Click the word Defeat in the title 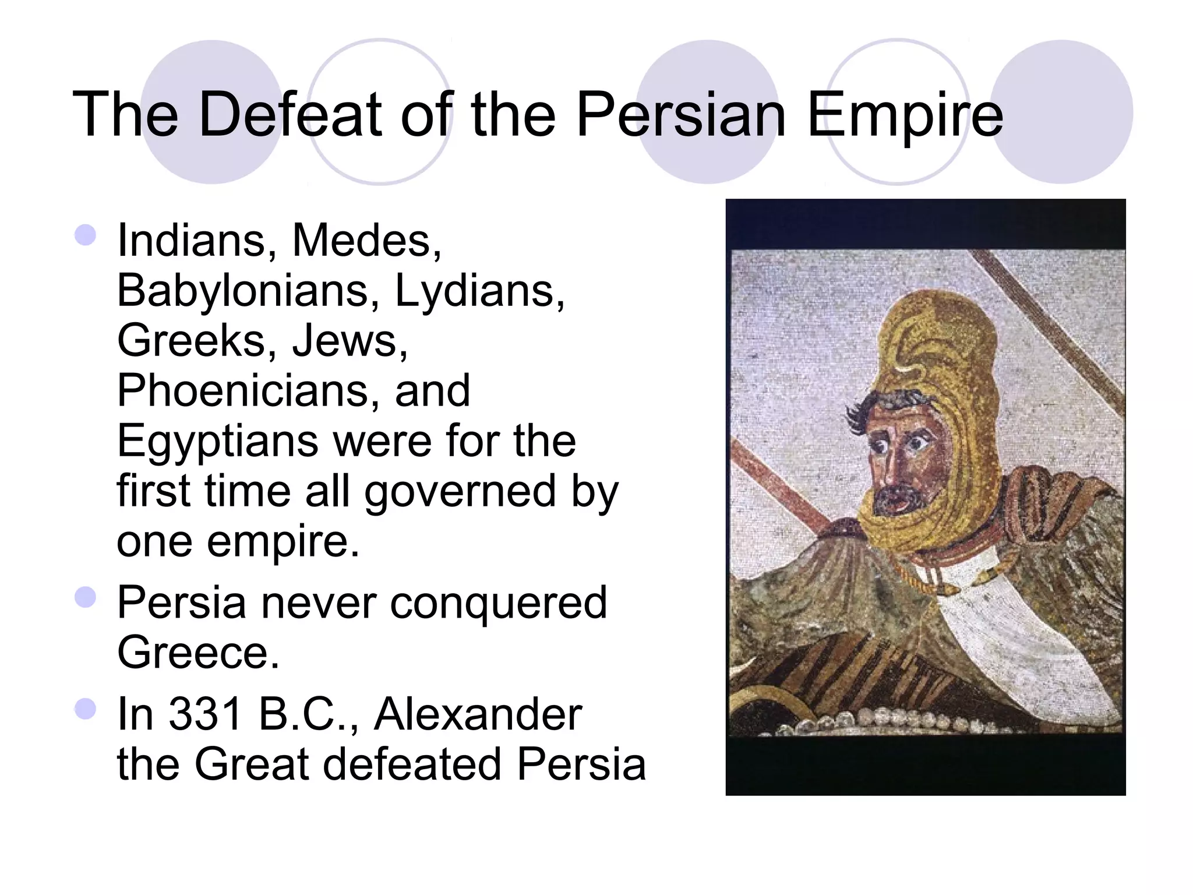(x=290, y=115)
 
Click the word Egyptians (x=217, y=441)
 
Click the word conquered (x=498, y=602)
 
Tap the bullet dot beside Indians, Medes (x=86, y=235)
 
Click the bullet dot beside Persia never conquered (x=86, y=597)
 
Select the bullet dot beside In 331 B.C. (x=86, y=709)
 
